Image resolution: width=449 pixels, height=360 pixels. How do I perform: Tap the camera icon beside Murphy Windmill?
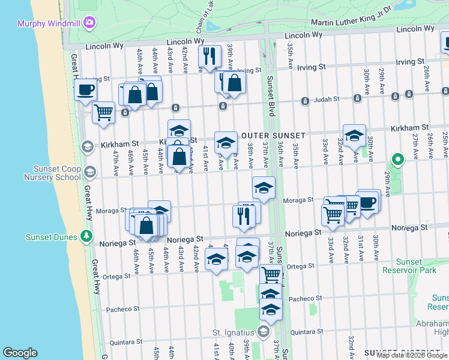point(90,23)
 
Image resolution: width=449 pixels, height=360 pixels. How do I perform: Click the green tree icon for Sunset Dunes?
point(88,236)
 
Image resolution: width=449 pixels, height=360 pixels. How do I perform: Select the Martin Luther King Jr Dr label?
point(351,17)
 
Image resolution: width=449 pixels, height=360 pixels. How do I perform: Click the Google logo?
point(20,353)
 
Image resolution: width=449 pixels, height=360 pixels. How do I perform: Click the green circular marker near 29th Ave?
point(397,159)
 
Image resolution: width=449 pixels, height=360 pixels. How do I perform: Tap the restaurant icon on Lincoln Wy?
point(209,56)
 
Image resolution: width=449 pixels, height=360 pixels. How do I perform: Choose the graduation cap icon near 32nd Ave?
point(354,136)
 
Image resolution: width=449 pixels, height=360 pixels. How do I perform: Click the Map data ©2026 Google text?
point(412,355)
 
